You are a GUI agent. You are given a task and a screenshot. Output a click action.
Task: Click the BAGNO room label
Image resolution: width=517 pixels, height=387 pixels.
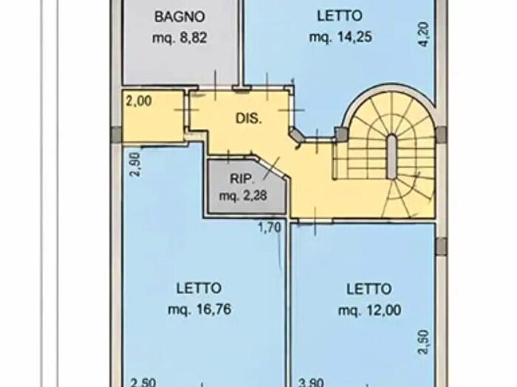[179, 16]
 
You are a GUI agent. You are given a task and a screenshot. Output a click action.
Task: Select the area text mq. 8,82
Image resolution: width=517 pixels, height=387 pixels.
[179, 38]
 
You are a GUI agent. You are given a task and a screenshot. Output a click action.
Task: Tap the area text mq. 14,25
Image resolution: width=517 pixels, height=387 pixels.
[340, 37]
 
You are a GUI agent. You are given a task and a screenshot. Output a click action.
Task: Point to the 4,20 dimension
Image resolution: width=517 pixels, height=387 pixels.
[424, 34]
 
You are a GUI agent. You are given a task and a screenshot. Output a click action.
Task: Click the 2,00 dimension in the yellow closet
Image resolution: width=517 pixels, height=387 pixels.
[139, 101]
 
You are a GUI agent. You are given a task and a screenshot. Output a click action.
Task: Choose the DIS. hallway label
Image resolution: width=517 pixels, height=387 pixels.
[249, 119]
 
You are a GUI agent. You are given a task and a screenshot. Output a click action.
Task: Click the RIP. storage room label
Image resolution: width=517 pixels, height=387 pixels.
[242, 179]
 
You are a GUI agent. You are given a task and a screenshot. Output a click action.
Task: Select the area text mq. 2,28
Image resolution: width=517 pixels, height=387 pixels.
[243, 196]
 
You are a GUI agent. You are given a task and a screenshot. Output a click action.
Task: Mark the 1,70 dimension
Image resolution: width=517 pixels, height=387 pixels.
[270, 227]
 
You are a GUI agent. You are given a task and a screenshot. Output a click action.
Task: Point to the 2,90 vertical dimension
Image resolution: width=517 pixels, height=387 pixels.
[135, 164]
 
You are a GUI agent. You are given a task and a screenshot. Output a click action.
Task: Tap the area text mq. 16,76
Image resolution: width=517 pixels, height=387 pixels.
[199, 310]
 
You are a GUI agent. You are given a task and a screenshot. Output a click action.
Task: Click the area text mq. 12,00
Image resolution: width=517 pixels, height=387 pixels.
[369, 310]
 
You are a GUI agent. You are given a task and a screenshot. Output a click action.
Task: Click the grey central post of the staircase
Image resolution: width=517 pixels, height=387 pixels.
[391, 156]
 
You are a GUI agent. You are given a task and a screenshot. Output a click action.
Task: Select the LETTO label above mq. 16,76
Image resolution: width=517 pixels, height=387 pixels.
[199, 289]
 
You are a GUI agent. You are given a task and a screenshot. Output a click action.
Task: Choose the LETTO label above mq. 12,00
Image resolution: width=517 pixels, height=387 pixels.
[369, 289]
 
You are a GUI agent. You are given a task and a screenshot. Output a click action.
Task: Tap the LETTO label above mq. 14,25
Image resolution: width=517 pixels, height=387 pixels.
[340, 15]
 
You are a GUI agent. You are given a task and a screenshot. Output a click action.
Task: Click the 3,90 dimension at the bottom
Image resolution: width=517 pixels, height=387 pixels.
[311, 383]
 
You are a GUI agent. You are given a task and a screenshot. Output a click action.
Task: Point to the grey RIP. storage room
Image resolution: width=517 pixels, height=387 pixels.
[247, 186]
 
